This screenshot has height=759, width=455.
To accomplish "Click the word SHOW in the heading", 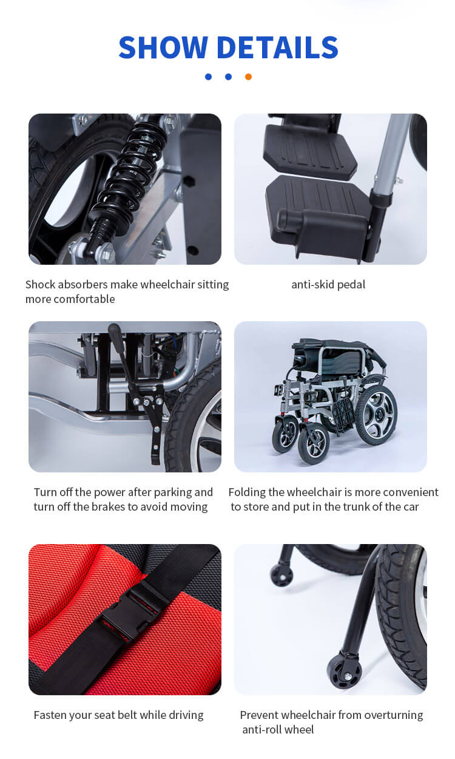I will pyautogui.click(x=163, y=47).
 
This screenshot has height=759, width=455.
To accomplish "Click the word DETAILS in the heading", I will pyautogui.click(x=277, y=47).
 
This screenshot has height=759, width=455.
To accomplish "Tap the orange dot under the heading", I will pyautogui.click(x=248, y=77).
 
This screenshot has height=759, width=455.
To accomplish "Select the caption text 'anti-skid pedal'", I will pyautogui.click(x=328, y=284).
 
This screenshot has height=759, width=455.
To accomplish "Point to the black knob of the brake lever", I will pyautogui.click(x=113, y=330).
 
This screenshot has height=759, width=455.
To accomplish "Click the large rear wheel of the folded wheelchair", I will pyautogui.click(x=376, y=415).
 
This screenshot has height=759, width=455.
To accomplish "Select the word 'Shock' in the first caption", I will pyautogui.click(x=40, y=284).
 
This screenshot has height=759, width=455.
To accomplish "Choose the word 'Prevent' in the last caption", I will pyautogui.click(x=260, y=715).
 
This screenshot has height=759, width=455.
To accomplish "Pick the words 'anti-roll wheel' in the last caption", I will pyautogui.click(x=278, y=729).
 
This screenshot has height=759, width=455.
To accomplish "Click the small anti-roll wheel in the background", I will pyautogui.click(x=281, y=574).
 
